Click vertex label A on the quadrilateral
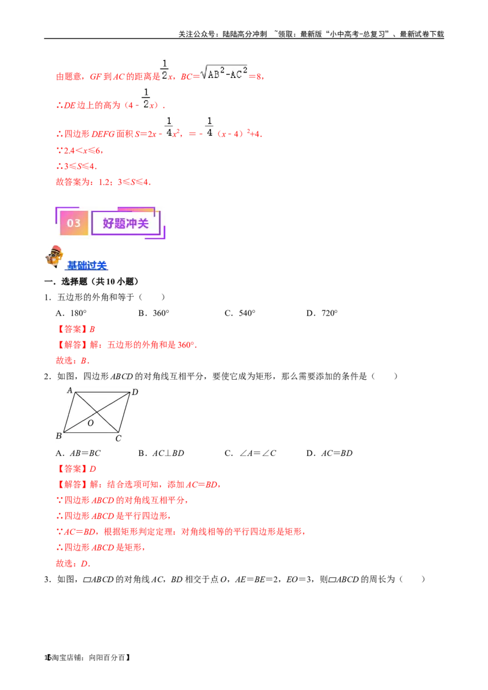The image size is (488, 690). click(70, 390)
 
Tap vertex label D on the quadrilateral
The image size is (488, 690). click(135, 392)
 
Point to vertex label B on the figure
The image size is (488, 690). click(59, 436)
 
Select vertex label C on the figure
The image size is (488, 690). click(118, 438)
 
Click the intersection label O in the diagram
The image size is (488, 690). click(91, 423)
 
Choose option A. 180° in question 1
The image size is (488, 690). click(71, 313)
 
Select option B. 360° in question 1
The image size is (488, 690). click(154, 313)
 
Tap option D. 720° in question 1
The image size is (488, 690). click(322, 313)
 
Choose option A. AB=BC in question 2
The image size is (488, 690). click(78, 453)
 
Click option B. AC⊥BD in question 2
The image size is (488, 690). click(161, 453)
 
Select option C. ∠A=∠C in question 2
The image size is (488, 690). click(250, 453)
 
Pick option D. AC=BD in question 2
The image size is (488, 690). click(329, 453)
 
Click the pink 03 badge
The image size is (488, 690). click(74, 223)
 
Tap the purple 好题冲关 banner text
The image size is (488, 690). click(126, 224)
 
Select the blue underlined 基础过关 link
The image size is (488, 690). click(87, 266)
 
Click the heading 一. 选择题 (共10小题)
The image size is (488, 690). click(91, 282)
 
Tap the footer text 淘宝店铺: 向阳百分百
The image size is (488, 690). click(91, 658)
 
